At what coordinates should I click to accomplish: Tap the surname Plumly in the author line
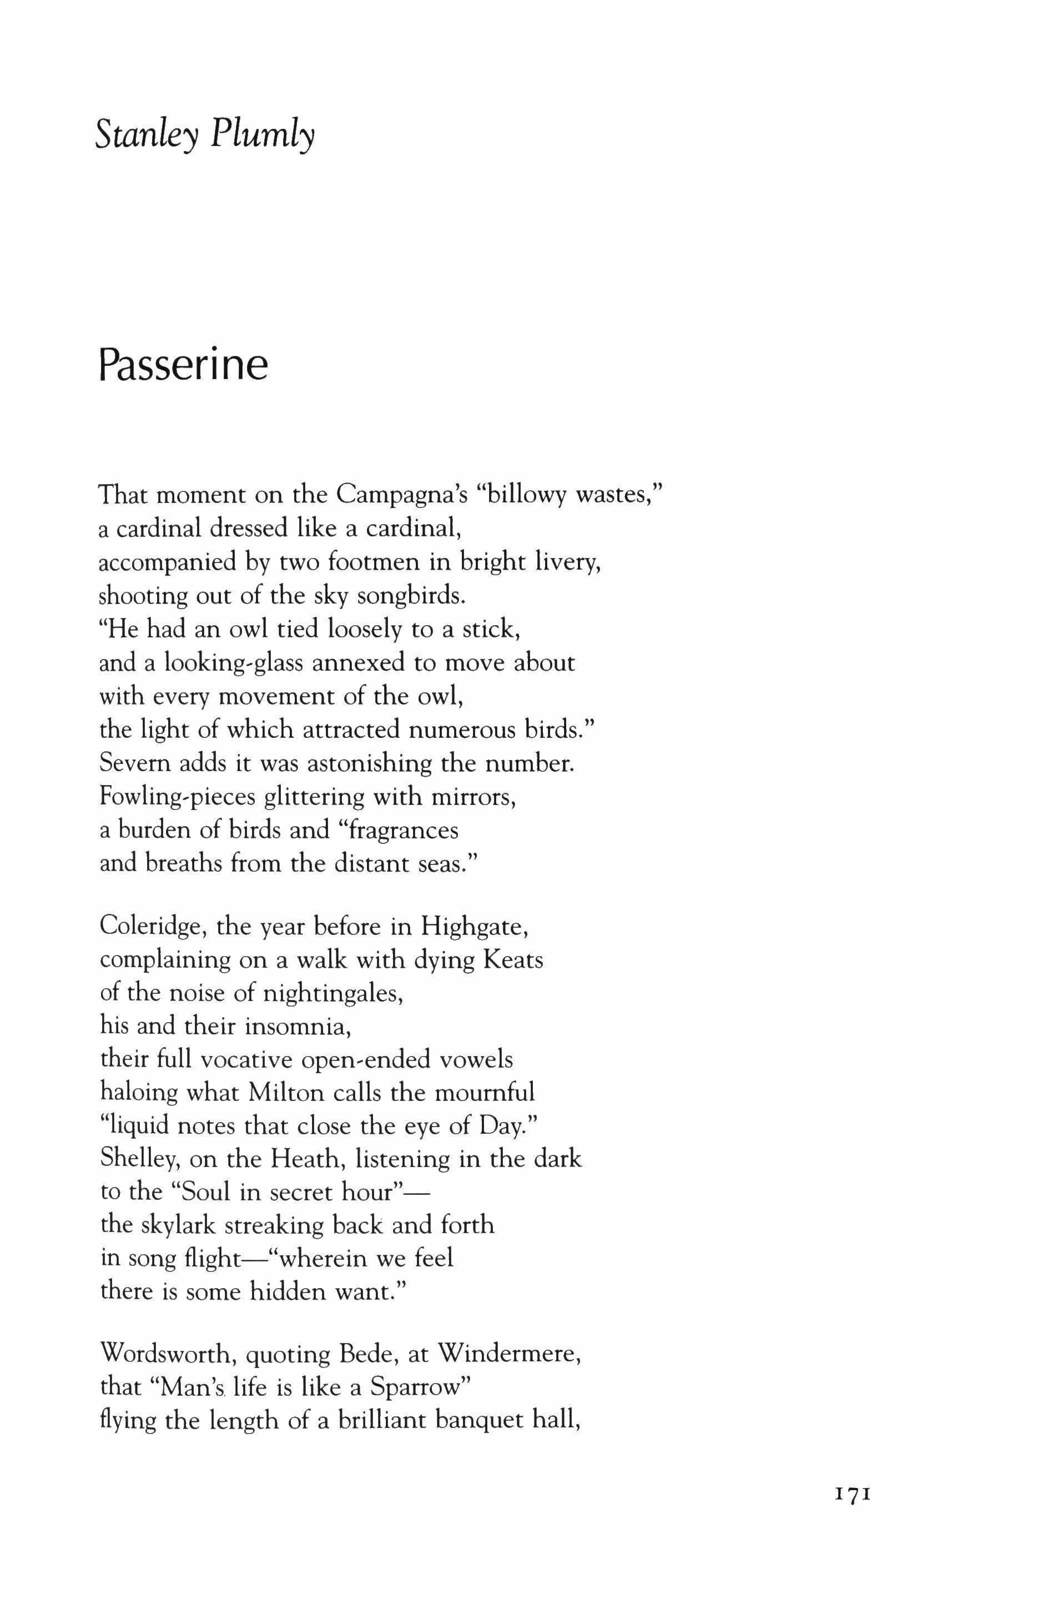click(x=263, y=136)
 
